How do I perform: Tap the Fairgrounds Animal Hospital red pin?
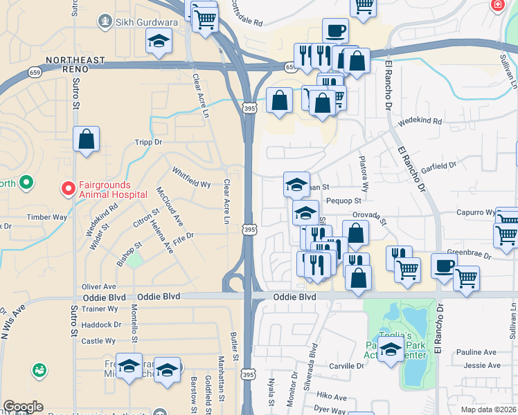69,187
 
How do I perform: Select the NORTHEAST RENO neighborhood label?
78,60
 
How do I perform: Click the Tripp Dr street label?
148,142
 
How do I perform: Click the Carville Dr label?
347,365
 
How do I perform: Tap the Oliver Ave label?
98,286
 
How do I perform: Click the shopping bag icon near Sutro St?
86,139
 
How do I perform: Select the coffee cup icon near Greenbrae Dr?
444,266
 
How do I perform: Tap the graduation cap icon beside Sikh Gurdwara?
159,41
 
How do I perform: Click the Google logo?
23,407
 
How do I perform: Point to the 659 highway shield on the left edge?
34,71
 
